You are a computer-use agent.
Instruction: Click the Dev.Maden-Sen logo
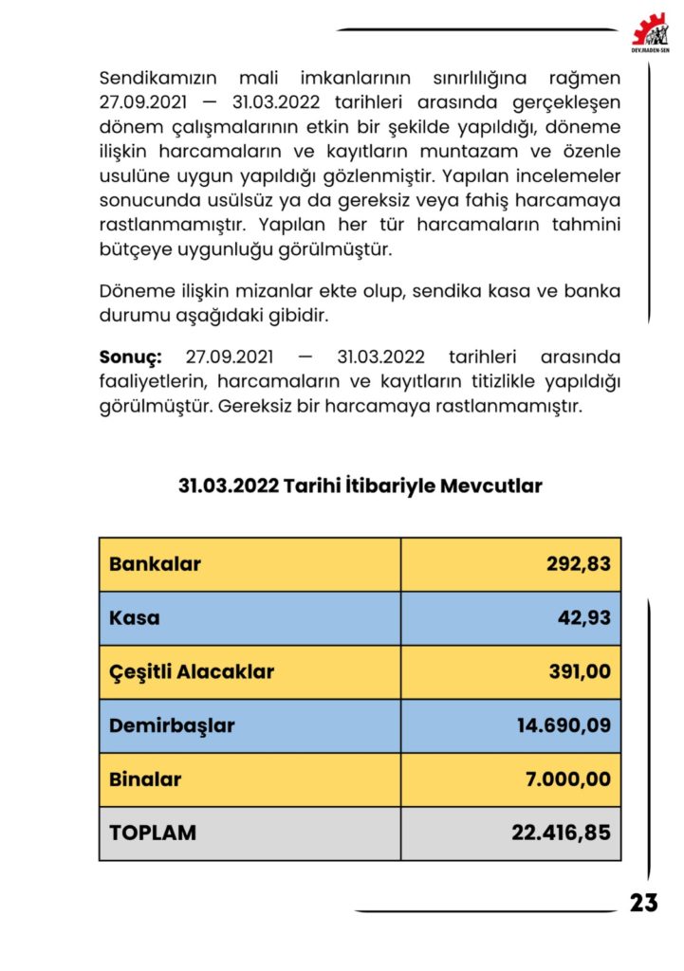click(651, 30)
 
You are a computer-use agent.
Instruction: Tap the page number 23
click(643, 903)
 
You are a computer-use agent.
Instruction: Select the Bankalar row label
click(155, 564)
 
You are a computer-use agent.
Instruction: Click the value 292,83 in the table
click(578, 564)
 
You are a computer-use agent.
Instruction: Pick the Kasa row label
click(135, 618)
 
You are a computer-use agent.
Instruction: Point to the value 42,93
click(583, 618)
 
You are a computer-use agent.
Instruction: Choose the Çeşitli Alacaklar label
click(192, 672)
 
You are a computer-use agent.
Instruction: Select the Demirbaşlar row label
click(172, 726)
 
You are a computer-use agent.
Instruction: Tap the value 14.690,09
click(564, 726)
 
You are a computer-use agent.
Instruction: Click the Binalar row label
click(145, 779)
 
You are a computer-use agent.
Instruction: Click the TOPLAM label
click(153, 834)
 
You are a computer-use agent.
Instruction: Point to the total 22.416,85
click(562, 834)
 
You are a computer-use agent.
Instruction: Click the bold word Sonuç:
click(131, 357)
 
